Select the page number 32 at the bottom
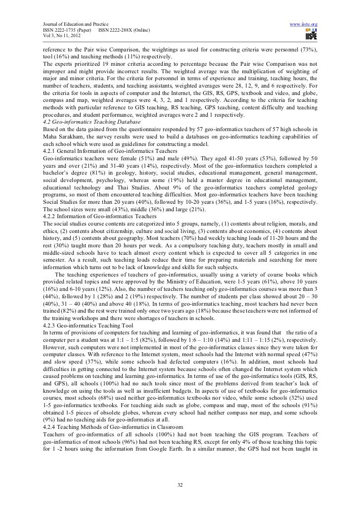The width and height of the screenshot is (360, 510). (x=180, y=484)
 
